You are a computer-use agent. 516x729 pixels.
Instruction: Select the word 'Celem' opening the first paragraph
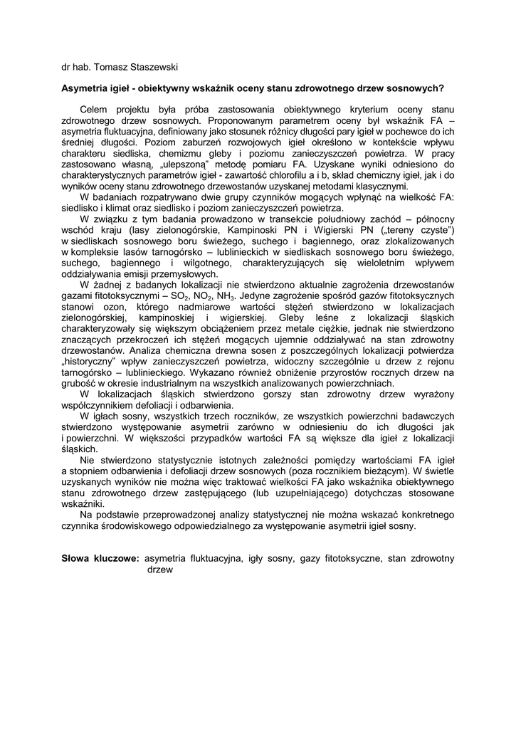[94, 111]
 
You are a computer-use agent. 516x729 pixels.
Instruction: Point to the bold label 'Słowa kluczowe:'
[100, 559]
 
